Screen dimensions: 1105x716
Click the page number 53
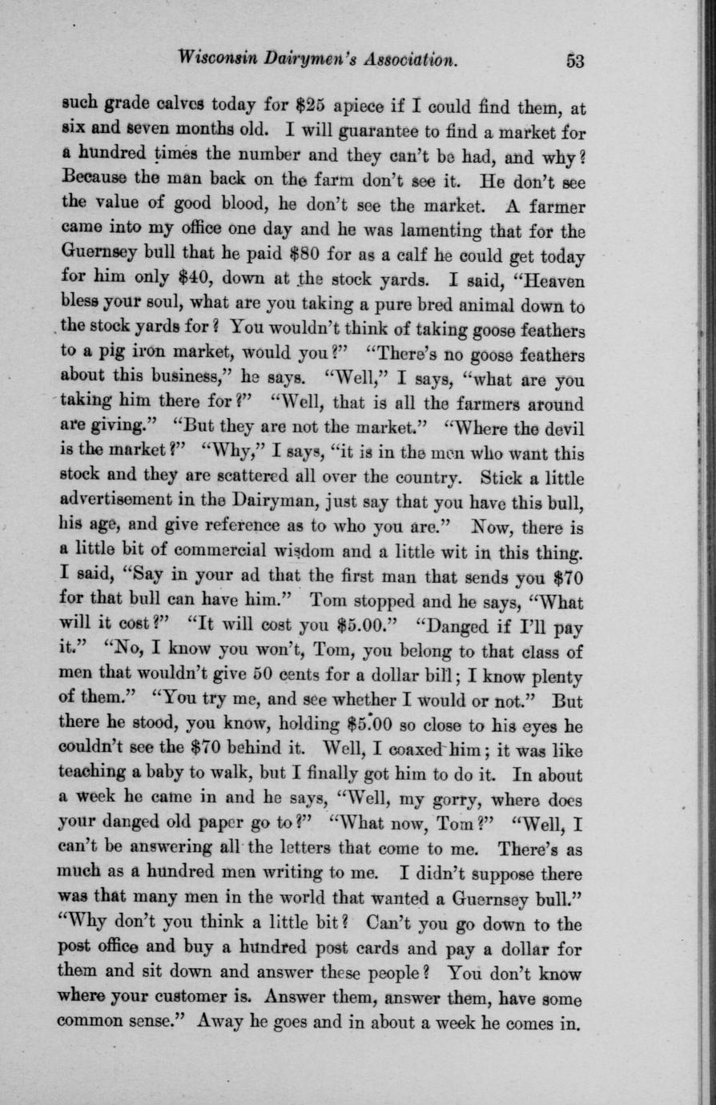point(575,61)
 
